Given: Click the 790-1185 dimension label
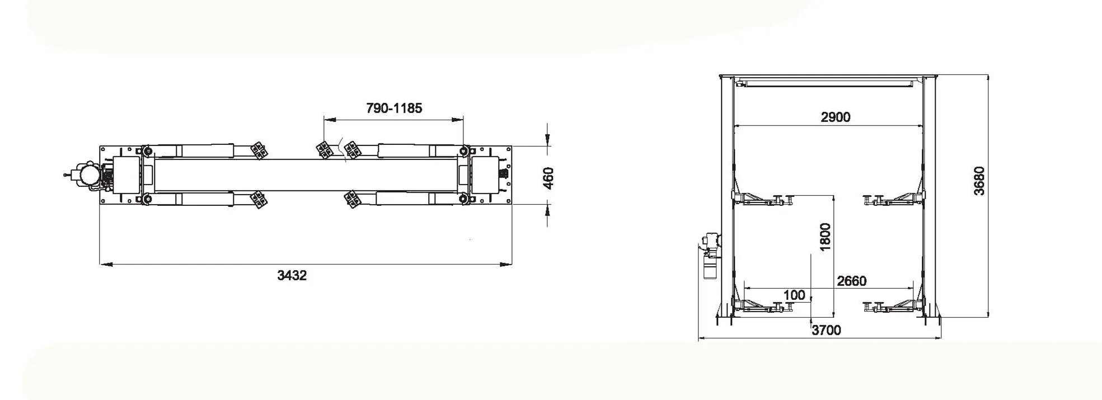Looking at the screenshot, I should point(394,108).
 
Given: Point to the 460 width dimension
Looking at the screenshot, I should point(548,178).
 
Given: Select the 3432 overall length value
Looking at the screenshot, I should point(292,275).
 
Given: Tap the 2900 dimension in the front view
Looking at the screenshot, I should point(835,117).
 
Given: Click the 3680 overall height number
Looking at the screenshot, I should point(979,181).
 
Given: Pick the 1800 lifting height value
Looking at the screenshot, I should point(825,237).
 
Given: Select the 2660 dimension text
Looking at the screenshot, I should point(851,281).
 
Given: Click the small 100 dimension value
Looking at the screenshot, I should point(794,295).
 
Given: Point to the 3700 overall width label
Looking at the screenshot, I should point(826,330).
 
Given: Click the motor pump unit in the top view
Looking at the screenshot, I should point(87,174).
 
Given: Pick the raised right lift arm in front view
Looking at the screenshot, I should point(893,198).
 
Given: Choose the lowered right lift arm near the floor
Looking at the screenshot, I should point(893,306).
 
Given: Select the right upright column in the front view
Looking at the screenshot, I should point(929,196).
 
